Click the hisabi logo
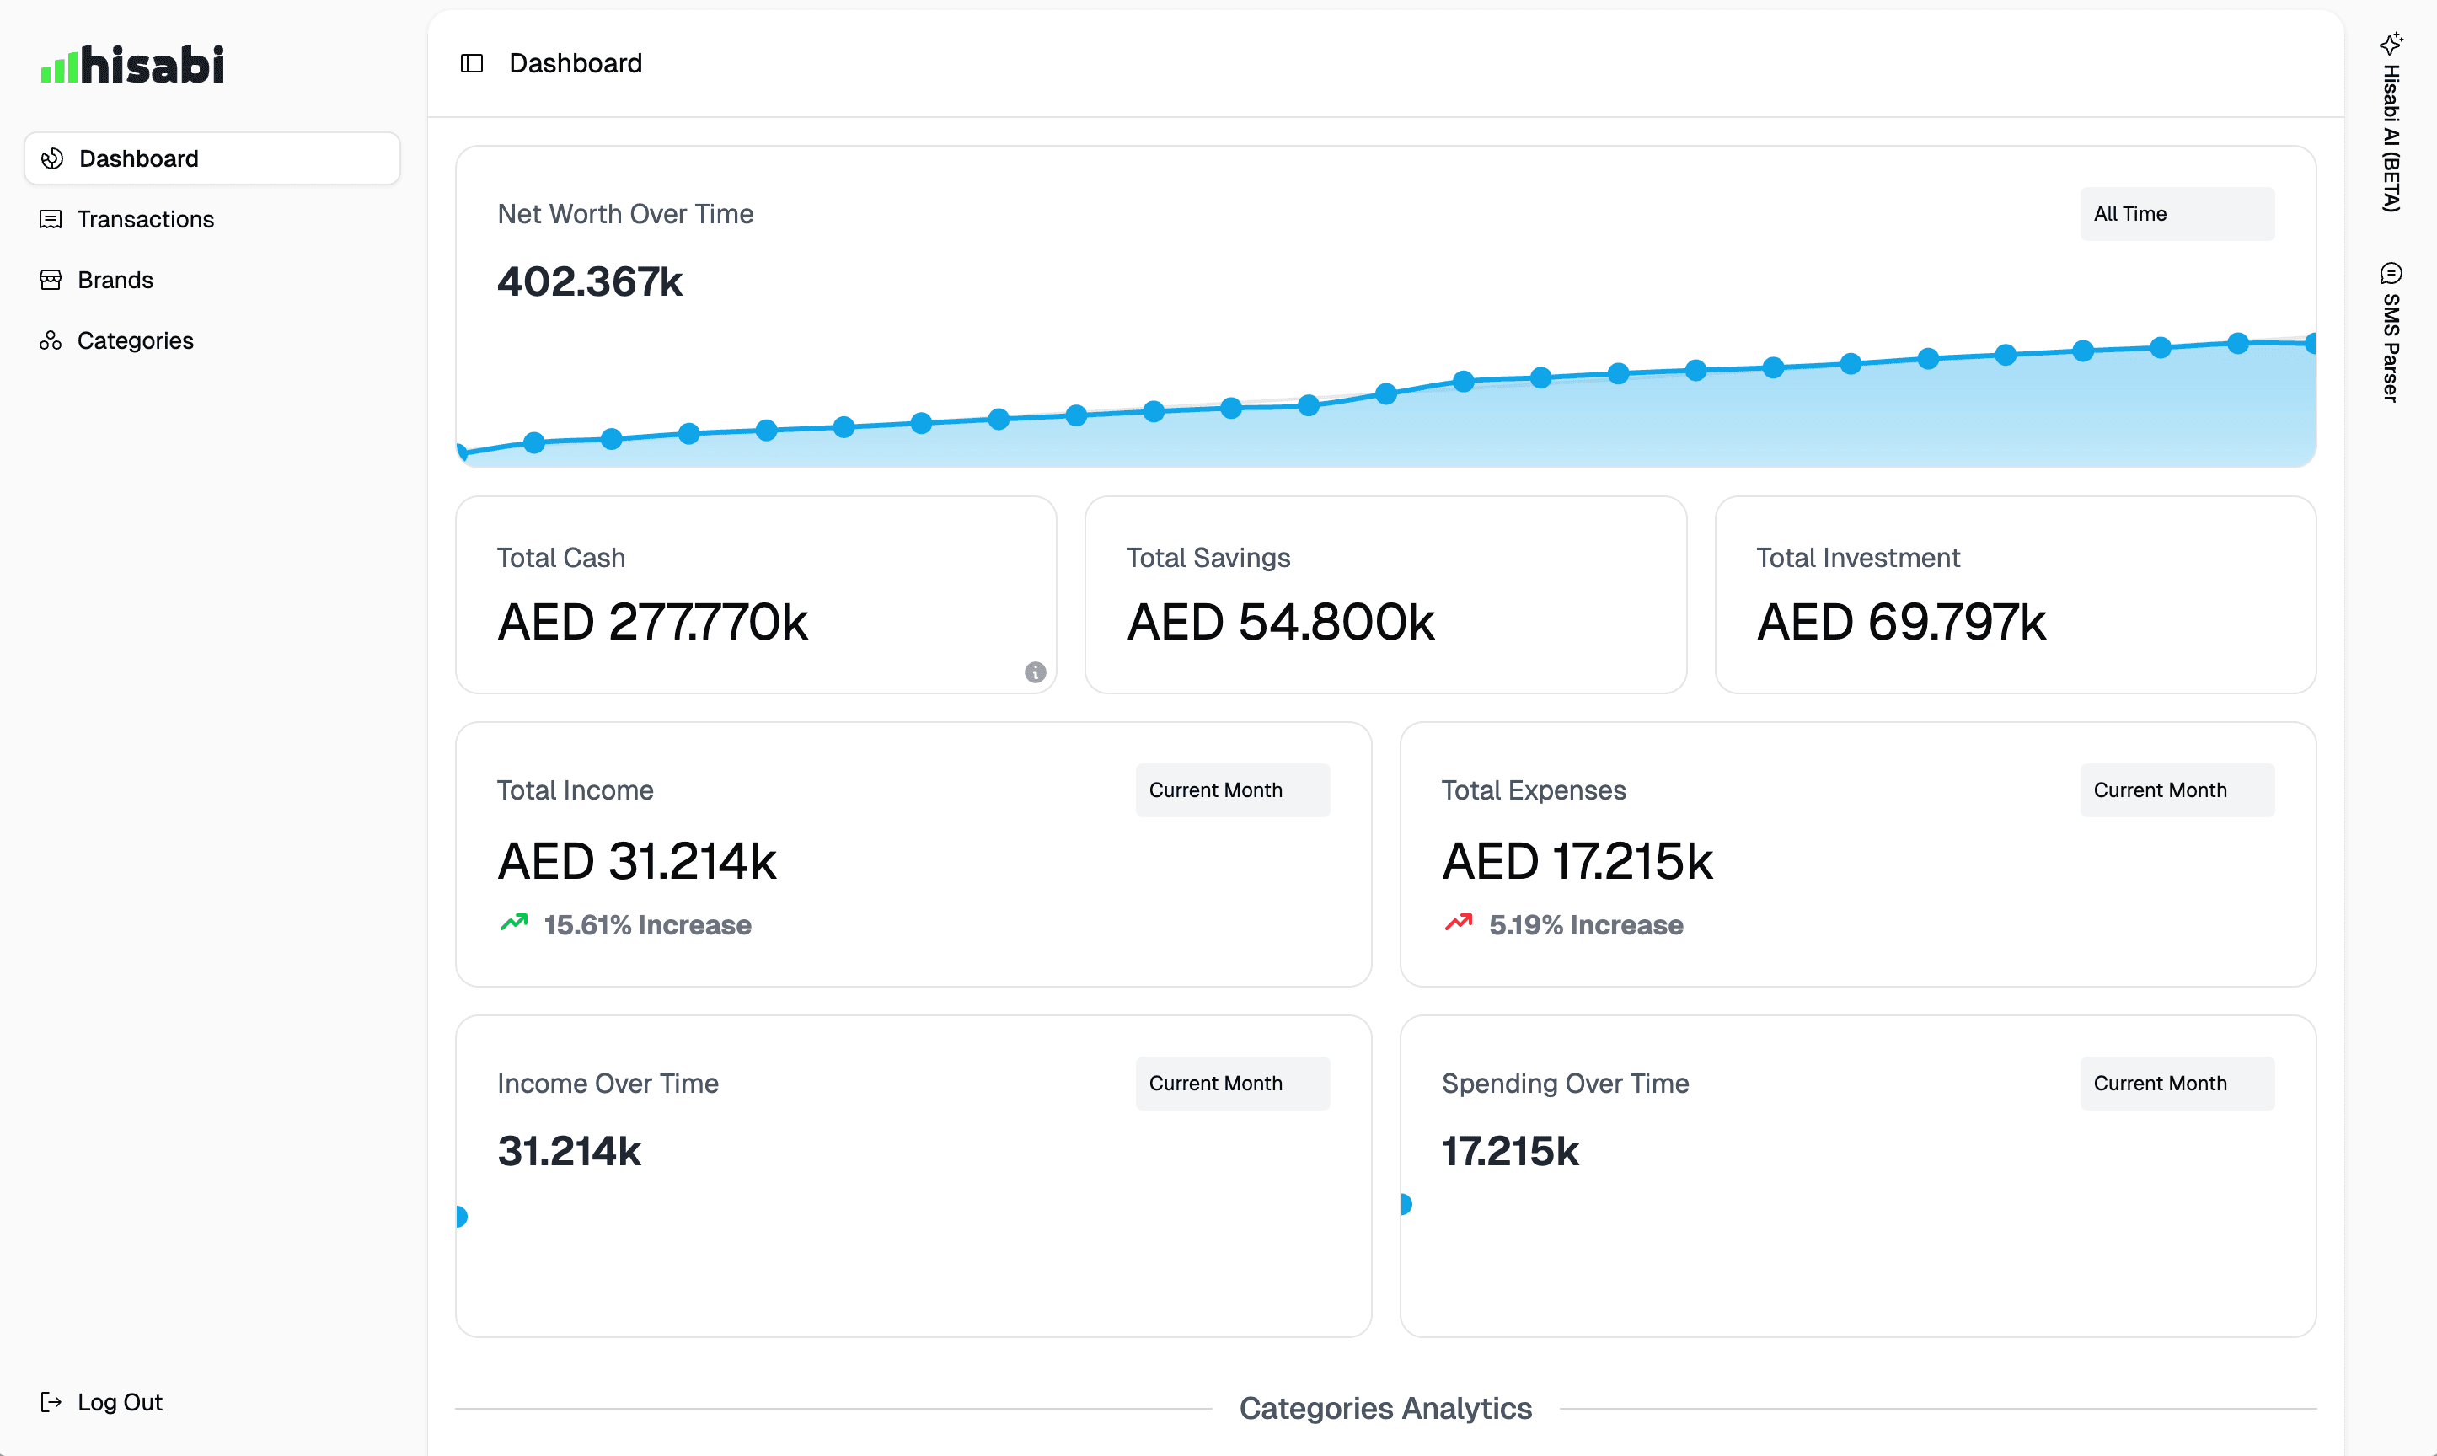pos(132,65)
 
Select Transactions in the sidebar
pos(144,219)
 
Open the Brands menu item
pos(115,280)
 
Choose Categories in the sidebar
pos(135,340)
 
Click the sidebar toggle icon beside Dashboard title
pos(472,64)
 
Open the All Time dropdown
pos(2176,214)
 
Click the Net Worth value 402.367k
pos(590,281)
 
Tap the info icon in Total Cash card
pos(1035,672)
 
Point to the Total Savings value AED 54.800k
pos(1280,622)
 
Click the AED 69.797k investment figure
pos(1900,622)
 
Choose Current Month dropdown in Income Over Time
pos(1232,1084)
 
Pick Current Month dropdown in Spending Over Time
pos(2176,1084)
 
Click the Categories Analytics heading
pos(1385,1409)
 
